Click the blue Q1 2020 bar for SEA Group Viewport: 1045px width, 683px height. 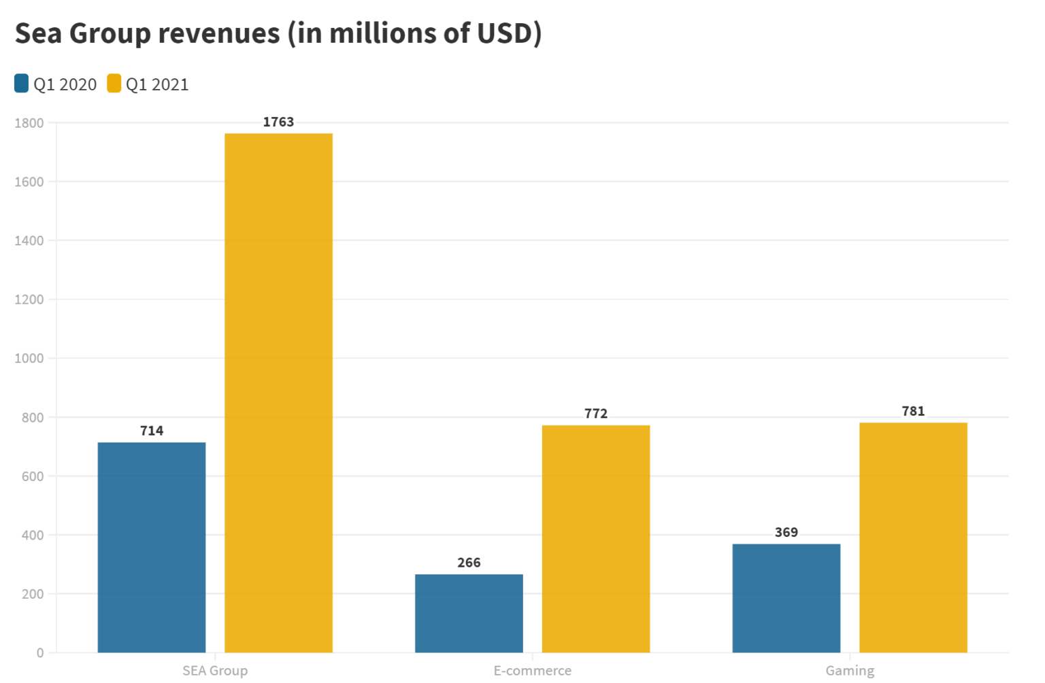tap(152, 547)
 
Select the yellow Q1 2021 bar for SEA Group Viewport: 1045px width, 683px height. tap(278, 393)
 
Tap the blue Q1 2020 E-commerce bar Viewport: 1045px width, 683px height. tap(469, 613)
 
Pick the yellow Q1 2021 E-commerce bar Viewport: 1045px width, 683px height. tap(596, 539)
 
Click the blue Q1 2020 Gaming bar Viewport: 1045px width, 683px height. tap(786, 598)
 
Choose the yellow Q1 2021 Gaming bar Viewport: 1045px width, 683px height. tap(913, 538)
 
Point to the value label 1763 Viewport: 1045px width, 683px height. tap(278, 122)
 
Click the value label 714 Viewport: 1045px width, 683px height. tap(152, 431)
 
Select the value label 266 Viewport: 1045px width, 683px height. tap(469, 563)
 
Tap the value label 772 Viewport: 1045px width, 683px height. tap(596, 414)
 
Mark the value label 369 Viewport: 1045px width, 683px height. tap(786, 533)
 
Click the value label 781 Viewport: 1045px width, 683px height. tap(913, 411)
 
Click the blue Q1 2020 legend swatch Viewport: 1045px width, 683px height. tap(22, 84)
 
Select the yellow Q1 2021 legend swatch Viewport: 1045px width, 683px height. tap(114, 84)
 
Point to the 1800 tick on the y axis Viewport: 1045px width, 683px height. tap(29, 123)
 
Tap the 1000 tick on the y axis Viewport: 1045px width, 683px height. tap(29, 358)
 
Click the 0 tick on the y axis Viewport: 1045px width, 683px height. tap(40, 652)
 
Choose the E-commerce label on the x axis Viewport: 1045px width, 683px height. tap(533, 671)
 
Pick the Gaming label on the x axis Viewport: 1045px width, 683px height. tap(850, 671)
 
